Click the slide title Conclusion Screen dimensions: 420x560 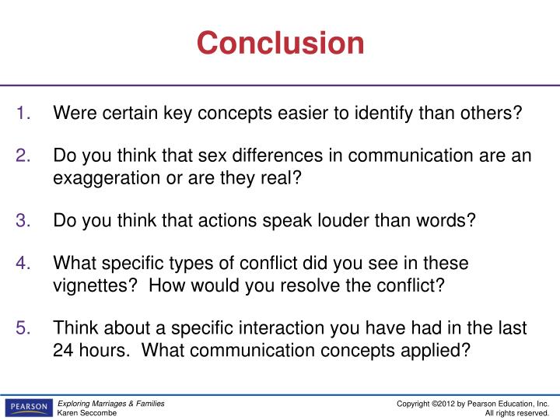pyautogui.click(x=280, y=43)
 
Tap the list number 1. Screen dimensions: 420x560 pyautogui.click(x=23, y=114)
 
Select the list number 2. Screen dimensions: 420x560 pyautogui.click(x=23, y=156)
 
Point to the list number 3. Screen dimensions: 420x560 pyautogui.click(x=23, y=220)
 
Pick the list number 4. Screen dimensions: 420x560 pyautogui.click(x=23, y=263)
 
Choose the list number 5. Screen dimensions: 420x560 pyautogui.click(x=23, y=328)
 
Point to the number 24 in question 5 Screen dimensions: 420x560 pyautogui.click(x=63, y=350)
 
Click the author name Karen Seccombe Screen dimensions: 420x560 pyautogui.click(x=87, y=413)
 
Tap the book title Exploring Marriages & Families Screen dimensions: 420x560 pyautogui.click(x=111, y=403)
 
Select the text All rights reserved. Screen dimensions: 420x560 pyautogui.click(x=517, y=413)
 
